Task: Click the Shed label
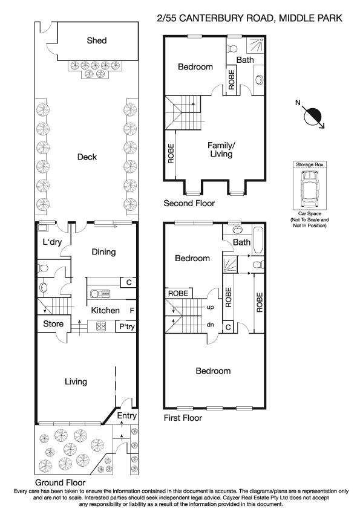tap(97, 41)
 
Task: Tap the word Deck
tap(87, 157)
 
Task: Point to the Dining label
tap(103, 252)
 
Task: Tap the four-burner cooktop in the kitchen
tap(102, 326)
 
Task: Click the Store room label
tap(53, 324)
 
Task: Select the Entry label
tap(127, 417)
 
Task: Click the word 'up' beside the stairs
tap(211, 308)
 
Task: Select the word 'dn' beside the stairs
tap(211, 325)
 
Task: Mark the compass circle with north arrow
tap(315, 115)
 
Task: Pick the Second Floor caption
tap(189, 204)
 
